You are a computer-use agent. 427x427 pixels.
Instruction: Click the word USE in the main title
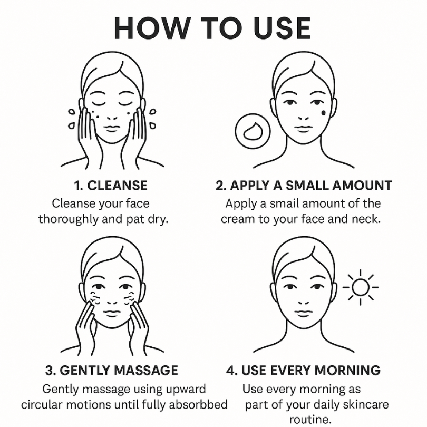tap(282, 28)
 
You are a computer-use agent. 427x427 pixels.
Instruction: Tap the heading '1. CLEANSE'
tap(111, 186)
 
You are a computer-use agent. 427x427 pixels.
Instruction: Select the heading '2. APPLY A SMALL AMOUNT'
tap(304, 186)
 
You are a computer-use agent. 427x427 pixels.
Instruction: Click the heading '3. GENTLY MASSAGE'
tap(112, 371)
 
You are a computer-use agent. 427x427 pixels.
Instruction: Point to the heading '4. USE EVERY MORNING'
tap(303, 371)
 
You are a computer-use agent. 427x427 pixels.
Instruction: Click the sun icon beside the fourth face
tap(360, 287)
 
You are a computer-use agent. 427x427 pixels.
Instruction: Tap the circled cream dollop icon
tap(253, 131)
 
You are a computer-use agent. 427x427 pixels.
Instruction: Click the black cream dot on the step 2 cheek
tap(324, 112)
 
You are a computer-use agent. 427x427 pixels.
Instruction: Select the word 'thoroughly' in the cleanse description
tap(68, 219)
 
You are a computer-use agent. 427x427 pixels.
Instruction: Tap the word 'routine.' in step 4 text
tap(310, 420)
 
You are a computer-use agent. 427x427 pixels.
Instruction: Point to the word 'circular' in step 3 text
tap(42, 404)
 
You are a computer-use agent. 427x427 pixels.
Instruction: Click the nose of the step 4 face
tap(303, 302)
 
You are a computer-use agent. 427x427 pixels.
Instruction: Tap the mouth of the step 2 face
tap(303, 128)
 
